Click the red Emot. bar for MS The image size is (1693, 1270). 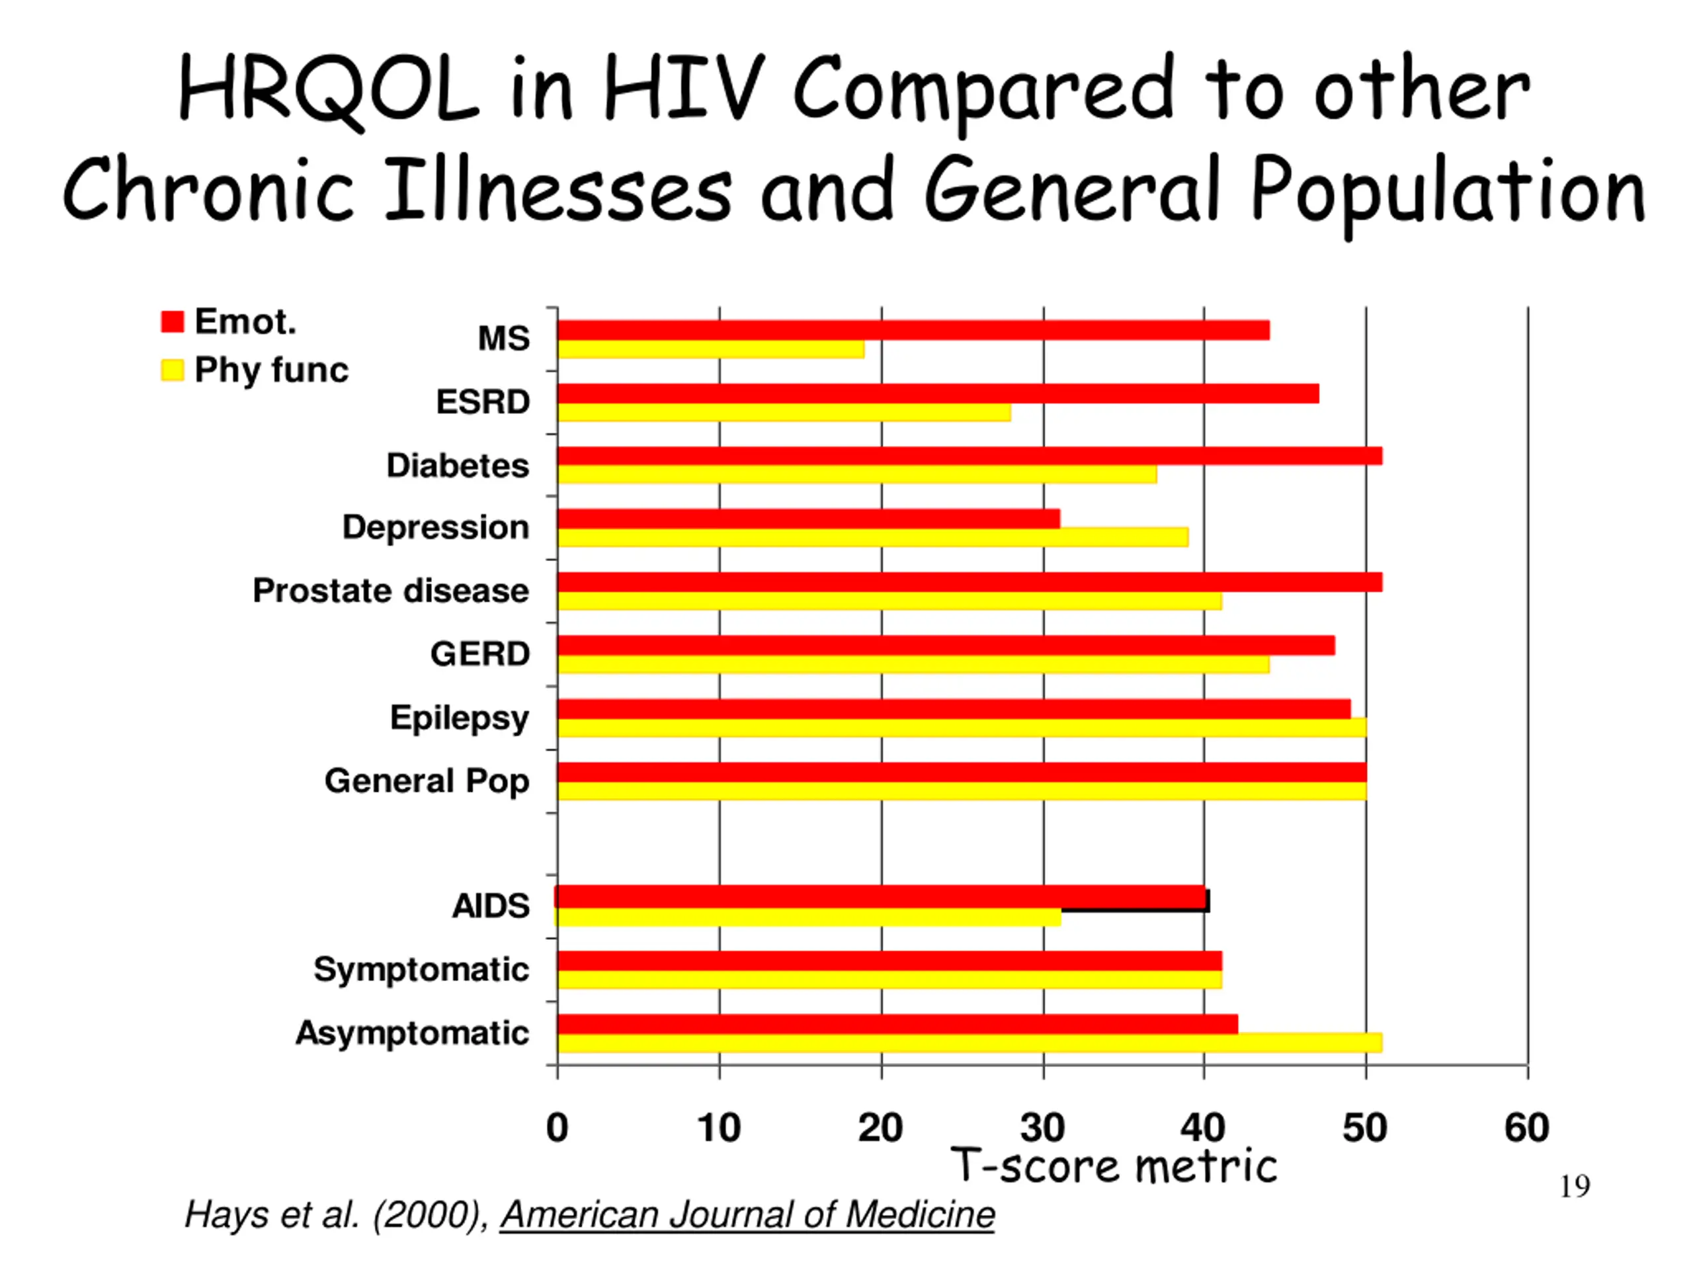tap(913, 330)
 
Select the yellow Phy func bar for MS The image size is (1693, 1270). tap(711, 349)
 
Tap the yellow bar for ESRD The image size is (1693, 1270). tap(784, 413)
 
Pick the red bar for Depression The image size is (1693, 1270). tap(809, 519)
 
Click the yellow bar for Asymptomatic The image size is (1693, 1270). tap(970, 1042)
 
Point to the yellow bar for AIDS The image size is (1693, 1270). tap(808, 917)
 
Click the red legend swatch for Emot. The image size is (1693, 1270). tap(172, 321)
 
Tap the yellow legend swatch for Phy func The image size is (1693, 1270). tap(172, 370)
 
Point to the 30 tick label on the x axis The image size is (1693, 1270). tap(1042, 1128)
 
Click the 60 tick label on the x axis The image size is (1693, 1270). tap(1527, 1128)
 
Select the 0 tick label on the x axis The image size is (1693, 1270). tap(557, 1128)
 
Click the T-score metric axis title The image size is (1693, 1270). tap(1114, 1166)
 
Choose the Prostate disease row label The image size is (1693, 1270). tap(391, 591)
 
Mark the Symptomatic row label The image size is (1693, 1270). tap(421, 970)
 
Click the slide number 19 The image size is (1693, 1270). tap(1575, 1187)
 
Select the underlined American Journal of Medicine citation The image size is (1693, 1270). tap(748, 1215)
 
